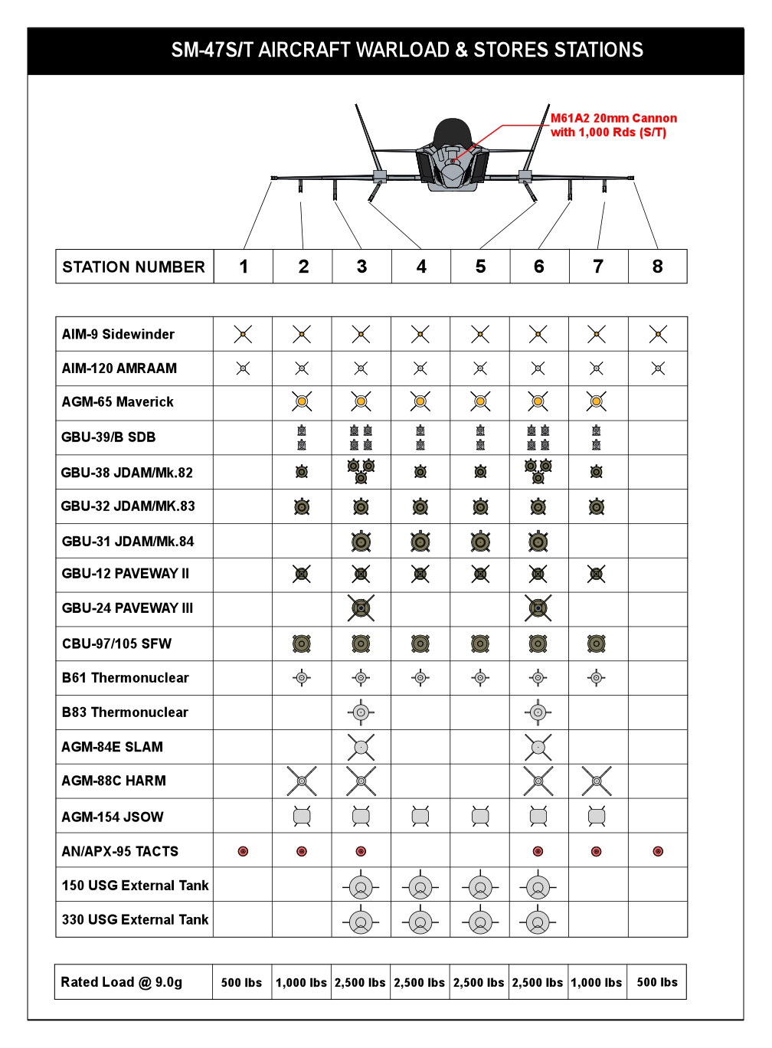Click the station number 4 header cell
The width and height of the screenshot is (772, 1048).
point(421,267)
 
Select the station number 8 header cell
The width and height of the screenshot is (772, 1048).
point(657,267)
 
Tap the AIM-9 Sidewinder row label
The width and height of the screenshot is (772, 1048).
point(118,334)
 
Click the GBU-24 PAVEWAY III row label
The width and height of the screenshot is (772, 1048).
point(127,608)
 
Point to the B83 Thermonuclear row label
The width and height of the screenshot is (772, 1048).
point(125,712)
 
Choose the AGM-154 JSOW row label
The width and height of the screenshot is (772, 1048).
point(113,817)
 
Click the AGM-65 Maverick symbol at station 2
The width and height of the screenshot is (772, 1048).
point(302,401)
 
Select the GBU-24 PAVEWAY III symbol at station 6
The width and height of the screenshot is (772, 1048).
point(538,608)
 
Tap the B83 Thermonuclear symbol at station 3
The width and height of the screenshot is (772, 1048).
point(361,712)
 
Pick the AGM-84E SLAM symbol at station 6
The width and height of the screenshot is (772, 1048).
point(538,747)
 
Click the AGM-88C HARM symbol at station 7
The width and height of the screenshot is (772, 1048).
point(597,781)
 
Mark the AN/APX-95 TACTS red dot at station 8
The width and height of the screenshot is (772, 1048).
point(658,851)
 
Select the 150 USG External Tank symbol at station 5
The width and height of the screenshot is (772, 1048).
point(480,887)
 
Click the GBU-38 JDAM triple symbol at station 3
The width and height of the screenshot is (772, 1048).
point(361,471)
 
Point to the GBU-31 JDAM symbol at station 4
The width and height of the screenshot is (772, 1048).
point(420,542)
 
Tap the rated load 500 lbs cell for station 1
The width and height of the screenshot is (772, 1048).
point(241,982)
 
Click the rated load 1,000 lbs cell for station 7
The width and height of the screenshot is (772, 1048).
point(597,982)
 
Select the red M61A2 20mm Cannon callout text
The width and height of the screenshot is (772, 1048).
point(613,125)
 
